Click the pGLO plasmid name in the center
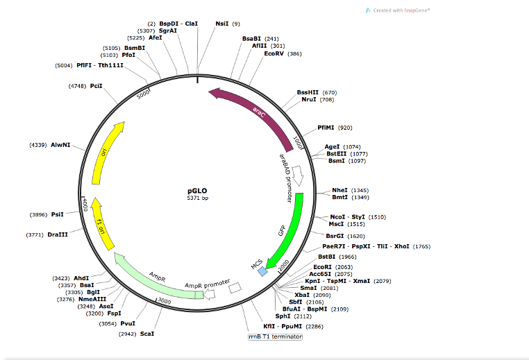tap(197, 189)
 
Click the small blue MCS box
tap(262, 273)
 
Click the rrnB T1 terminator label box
tap(276, 336)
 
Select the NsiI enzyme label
tap(222, 24)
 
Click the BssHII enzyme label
tap(307, 92)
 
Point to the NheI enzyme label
tap(339, 189)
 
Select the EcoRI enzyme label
tap(322, 266)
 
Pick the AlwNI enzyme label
tap(61, 145)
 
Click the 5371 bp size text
tap(197, 198)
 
